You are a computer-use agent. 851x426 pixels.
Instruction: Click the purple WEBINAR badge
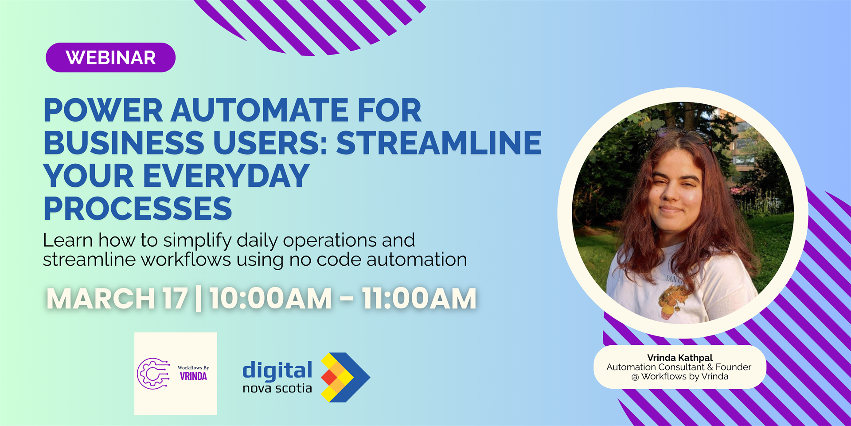[x=111, y=58]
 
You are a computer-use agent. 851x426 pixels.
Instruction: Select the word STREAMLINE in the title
[x=439, y=143]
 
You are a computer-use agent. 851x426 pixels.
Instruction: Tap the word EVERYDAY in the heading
[x=226, y=176]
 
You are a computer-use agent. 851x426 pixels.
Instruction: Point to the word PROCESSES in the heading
[x=138, y=209]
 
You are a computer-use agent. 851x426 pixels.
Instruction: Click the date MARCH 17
[x=117, y=298]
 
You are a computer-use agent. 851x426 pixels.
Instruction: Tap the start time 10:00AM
[x=271, y=298]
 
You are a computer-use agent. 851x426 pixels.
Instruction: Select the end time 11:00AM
[x=419, y=298]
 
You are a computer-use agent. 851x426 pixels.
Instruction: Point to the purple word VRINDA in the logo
[x=193, y=377]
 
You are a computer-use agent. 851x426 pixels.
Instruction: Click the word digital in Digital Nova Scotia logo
[x=277, y=371]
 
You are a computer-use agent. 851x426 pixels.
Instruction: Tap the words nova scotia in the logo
[x=277, y=389]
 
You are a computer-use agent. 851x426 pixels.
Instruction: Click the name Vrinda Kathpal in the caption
[x=680, y=358]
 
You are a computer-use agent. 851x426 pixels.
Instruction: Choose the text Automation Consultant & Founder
[x=679, y=367]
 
